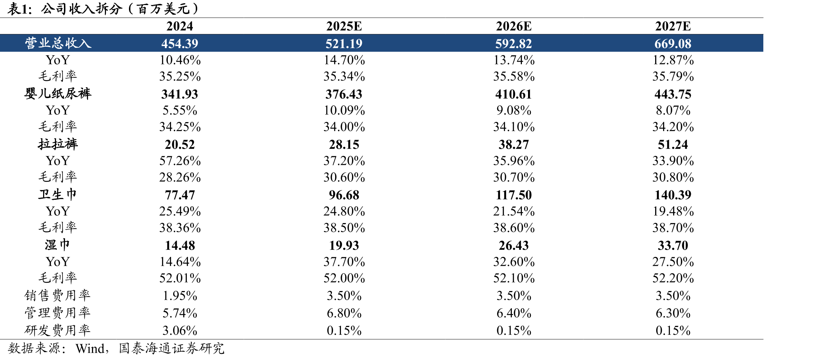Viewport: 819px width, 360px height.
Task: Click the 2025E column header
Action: pos(344,26)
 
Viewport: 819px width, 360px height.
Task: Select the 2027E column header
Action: pos(673,26)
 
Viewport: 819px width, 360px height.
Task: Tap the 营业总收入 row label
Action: pos(58,43)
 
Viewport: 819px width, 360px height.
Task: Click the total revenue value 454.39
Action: pos(180,43)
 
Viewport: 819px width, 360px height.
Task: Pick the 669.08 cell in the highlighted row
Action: pos(673,43)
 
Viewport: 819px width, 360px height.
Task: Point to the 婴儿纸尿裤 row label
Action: pos(58,93)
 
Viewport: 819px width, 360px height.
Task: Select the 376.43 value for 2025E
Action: pos(344,94)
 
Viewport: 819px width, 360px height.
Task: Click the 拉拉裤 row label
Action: pos(58,144)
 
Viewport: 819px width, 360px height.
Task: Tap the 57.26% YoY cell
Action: pos(180,161)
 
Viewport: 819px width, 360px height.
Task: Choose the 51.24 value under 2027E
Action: pos(673,144)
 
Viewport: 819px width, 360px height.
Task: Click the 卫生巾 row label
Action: pos(58,194)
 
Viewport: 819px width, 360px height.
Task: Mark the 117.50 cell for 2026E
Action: pos(514,195)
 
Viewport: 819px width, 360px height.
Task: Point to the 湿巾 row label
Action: pos(58,245)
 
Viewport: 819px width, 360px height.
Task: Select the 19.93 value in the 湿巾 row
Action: pos(344,245)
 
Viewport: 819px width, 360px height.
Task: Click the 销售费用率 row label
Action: pos(58,295)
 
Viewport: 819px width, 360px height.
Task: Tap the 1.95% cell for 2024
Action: pos(180,296)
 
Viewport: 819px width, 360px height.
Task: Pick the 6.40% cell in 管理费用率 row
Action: pos(514,313)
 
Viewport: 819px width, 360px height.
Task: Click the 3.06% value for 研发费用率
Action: pos(180,330)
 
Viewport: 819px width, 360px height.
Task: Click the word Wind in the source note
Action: pos(90,348)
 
